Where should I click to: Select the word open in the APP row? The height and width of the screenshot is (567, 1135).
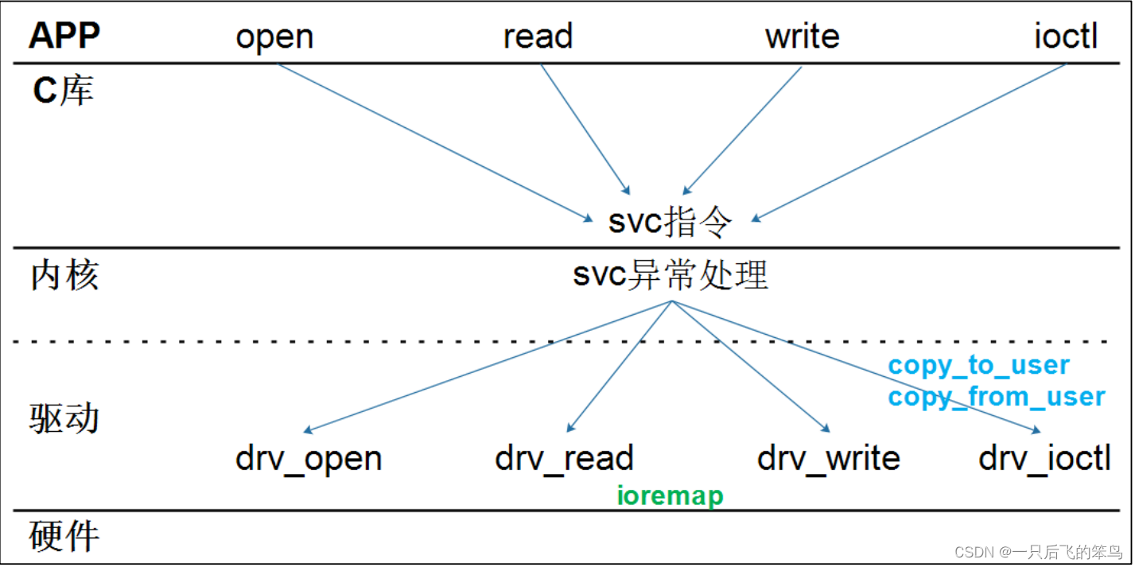click(274, 37)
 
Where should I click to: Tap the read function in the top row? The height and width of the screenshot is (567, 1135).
click(538, 37)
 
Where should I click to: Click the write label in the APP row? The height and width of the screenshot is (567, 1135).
click(802, 37)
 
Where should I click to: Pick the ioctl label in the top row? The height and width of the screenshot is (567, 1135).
click(1066, 37)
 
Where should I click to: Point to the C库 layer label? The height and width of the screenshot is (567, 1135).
click(63, 91)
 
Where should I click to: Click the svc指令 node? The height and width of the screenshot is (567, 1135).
click(669, 223)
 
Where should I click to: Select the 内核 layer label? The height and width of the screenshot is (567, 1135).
click(65, 276)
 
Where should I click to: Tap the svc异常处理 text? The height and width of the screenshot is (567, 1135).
click(671, 276)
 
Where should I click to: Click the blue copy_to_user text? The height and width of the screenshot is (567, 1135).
click(978, 366)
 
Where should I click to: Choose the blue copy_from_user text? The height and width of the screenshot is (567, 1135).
click(996, 397)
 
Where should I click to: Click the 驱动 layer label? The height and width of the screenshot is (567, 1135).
click(65, 417)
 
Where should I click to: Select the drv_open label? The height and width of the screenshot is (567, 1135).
click(309, 459)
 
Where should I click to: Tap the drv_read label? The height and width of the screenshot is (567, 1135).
click(564, 459)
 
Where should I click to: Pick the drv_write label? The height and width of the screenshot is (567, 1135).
click(828, 459)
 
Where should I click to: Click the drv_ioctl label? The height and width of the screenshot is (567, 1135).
click(1044, 459)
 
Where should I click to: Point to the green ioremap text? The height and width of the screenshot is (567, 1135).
click(671, 496)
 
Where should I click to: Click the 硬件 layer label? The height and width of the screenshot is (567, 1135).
click(65, 536)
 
